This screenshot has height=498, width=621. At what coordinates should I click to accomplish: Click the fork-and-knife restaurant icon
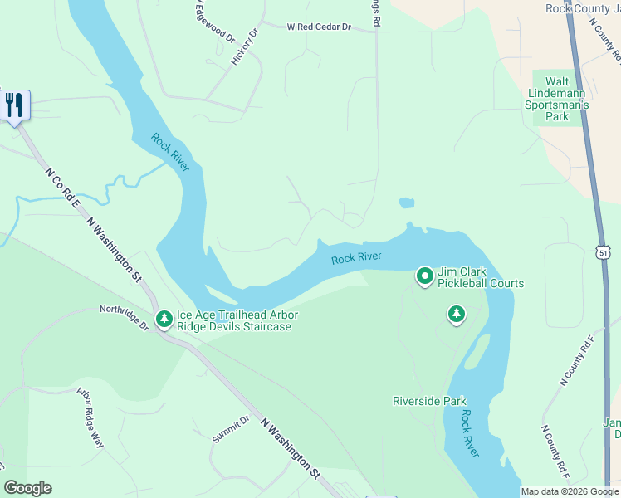[14, 105]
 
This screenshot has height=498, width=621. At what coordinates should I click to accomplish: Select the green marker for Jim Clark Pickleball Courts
[425, 276]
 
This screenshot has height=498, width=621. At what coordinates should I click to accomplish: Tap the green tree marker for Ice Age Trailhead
[164, 319]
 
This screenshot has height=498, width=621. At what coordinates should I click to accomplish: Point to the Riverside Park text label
[430, 401]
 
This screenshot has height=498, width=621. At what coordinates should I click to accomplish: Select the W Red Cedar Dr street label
[320, 27]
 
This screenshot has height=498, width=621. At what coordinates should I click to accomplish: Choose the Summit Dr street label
[230, 429]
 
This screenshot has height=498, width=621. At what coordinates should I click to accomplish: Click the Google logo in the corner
[27, 488]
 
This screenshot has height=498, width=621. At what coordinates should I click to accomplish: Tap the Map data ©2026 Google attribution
[570, 491]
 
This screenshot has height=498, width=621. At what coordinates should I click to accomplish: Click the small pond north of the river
[406, 203]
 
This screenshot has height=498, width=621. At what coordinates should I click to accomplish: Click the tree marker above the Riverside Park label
[456, 314]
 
